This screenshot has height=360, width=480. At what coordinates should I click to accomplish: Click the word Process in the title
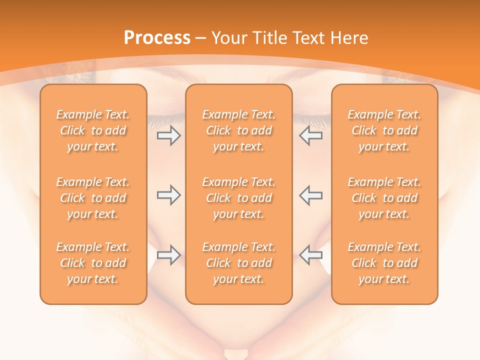point(157,38)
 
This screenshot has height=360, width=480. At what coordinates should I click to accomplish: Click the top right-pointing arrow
point(168,136)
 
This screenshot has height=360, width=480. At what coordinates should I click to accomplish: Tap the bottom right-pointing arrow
point(168,255)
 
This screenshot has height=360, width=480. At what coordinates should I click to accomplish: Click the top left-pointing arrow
point(310,136)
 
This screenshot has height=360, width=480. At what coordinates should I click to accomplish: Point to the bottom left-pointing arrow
point(310,255)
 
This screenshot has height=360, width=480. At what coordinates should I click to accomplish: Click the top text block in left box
point(93,130)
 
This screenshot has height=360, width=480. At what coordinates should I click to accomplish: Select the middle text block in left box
point(93,198)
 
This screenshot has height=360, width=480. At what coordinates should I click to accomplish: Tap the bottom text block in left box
point(93,263)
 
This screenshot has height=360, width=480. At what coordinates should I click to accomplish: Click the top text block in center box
point(239,130)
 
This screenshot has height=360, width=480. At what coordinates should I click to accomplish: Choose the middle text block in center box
point(239,198)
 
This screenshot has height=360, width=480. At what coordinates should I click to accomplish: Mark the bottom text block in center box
point(239,263)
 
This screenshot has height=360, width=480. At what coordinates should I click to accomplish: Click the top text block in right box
point(384,130)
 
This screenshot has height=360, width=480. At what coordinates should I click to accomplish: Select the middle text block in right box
point(384,198)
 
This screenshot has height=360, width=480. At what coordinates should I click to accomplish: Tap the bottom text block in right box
point(384,263)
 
